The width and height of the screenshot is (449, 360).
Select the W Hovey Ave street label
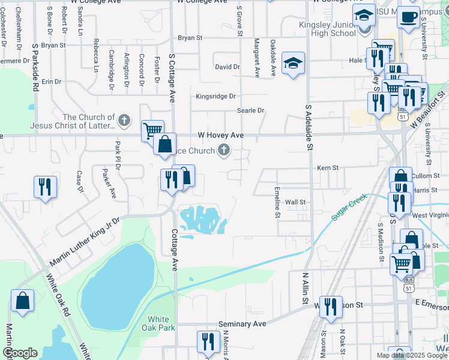[220, 136]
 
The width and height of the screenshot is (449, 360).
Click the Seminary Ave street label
[242, 324]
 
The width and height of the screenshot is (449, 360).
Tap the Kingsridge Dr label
[215, 96]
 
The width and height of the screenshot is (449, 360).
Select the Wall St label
[295, 202]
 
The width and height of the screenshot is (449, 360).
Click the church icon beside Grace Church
[224, 149]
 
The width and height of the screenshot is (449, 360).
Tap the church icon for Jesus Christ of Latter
[124, 121]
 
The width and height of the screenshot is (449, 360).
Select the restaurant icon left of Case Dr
[45, 186]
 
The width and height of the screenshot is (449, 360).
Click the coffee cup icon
[409, 17]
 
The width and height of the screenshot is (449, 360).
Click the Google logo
[20, 353]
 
